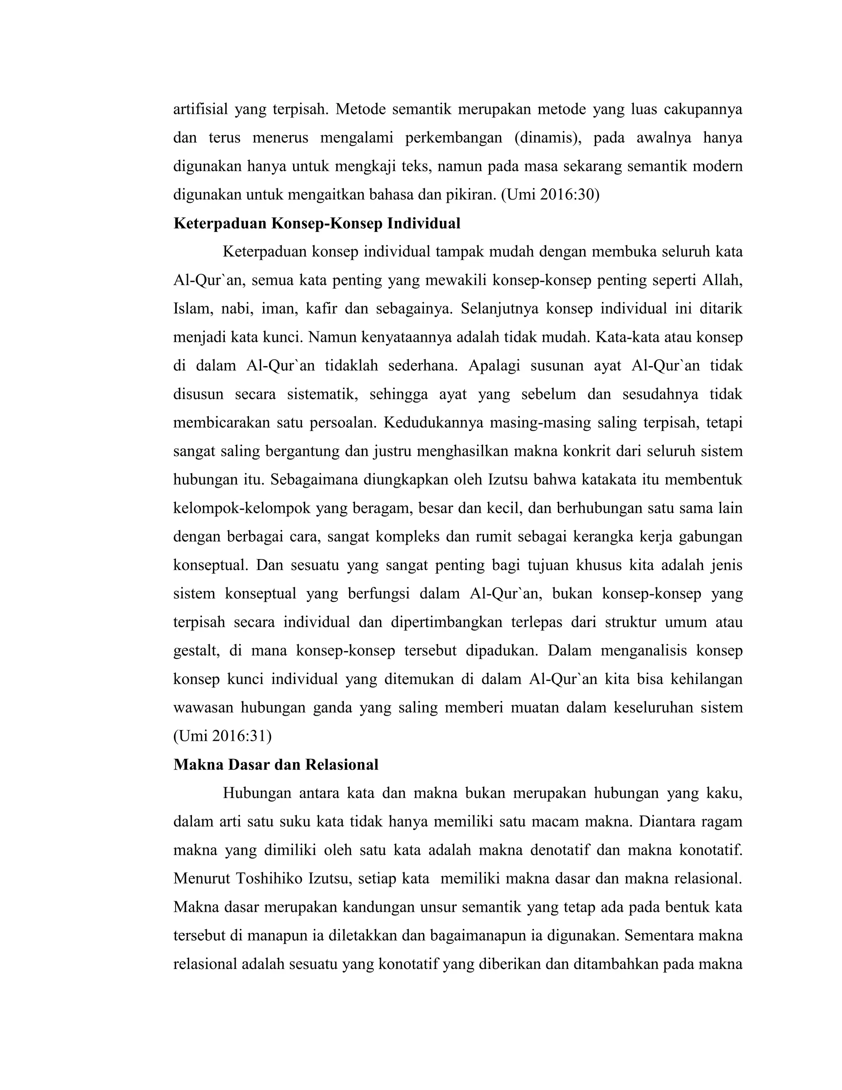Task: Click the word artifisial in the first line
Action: pos(201,109)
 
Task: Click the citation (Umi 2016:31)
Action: pos(222,736)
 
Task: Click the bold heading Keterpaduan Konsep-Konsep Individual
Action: pos(317,223)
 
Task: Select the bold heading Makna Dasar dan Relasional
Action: pos(276,765)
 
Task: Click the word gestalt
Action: pos(196,651)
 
